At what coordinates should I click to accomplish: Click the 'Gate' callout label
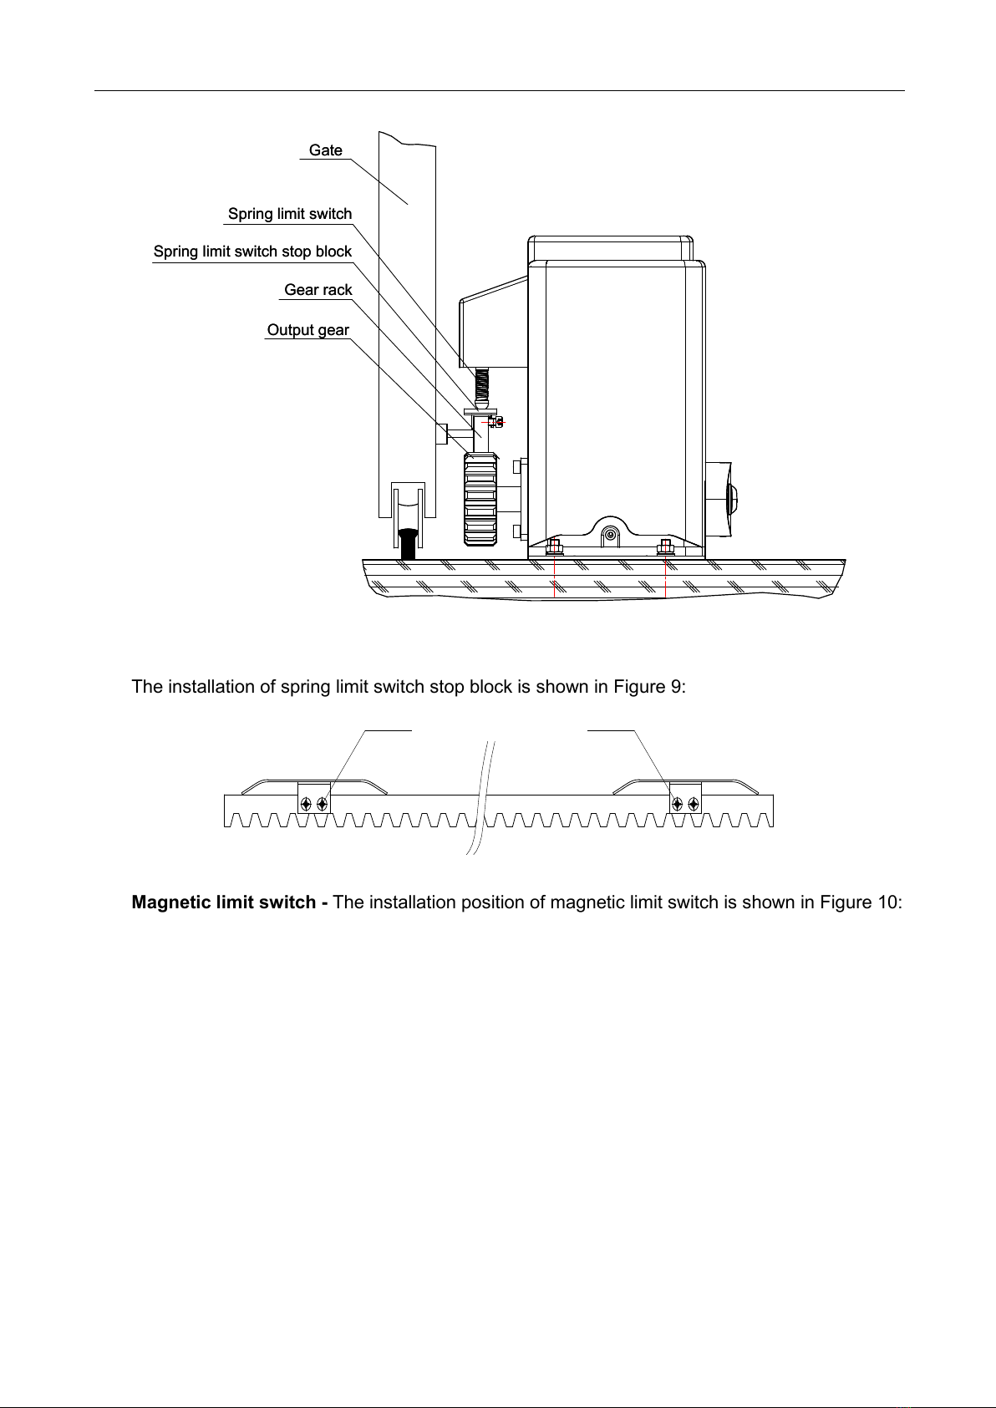pyautogui.click(x=326, y=150)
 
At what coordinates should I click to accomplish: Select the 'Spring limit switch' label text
pyautogui.click(x=290, y=215)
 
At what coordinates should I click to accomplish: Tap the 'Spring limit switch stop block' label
pyautogui.click(x=252, y=252)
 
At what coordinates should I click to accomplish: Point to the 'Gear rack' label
pyautogui.click(x=318, y=291)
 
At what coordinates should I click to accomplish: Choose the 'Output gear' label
pyautogui.click(x=308, y=331)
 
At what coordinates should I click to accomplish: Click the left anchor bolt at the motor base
pyautogui.click(x=554, y=548)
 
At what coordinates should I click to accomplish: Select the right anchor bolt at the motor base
pyautogui.click(x=666, y=548)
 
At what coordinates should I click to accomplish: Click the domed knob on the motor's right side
pyautogui.click(x=733, y=499)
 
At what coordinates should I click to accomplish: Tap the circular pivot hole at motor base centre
pyautogui.click(x=612, y=534)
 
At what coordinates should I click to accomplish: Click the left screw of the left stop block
pyautogui.click(x=307, y=804)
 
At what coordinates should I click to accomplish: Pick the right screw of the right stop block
pyautogui.click(x=694, y=804)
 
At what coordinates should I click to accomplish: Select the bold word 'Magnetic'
pyautogui.click(x=170, y=903)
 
